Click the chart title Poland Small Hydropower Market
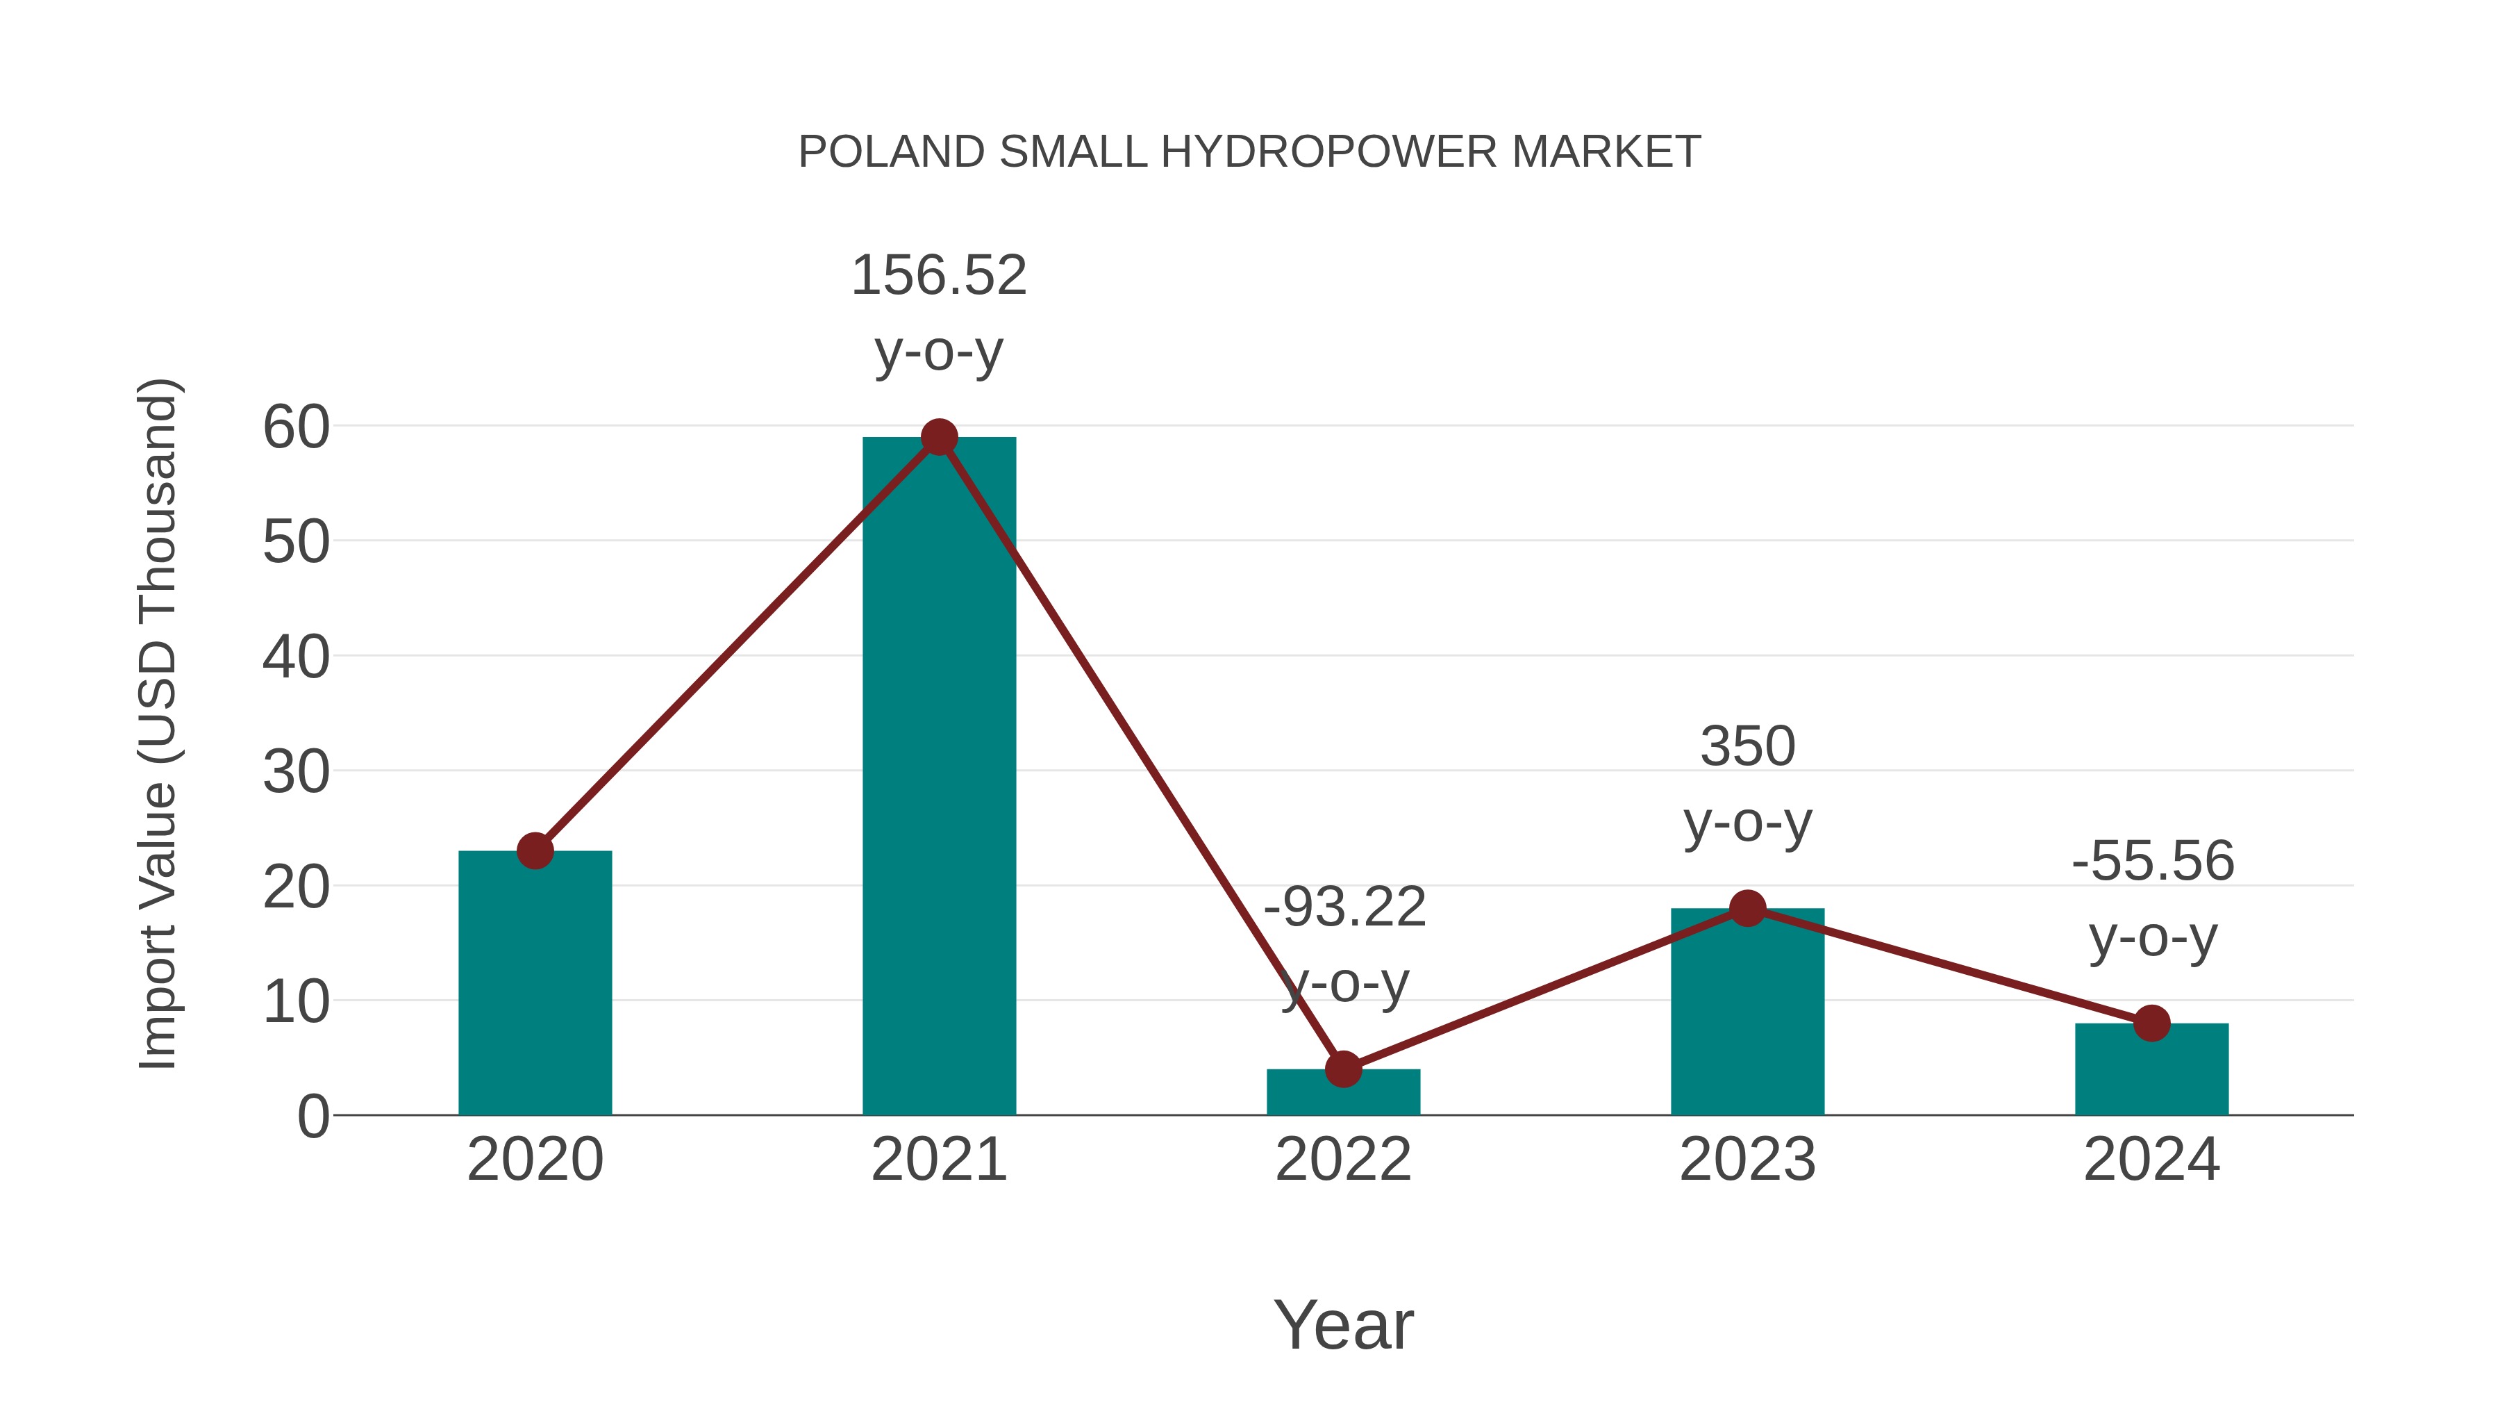(1249, 152)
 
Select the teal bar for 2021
(938, 777)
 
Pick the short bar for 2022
(1343, 1095)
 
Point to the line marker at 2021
(938, 438)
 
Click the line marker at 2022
(1343, 1069)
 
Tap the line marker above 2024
(2151, 1023)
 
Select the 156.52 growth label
(938, 276)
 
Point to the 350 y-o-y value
(1747, 747)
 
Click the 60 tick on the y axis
(296, 427)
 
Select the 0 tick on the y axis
(312, 1117)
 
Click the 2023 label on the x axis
(1747, 1160)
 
